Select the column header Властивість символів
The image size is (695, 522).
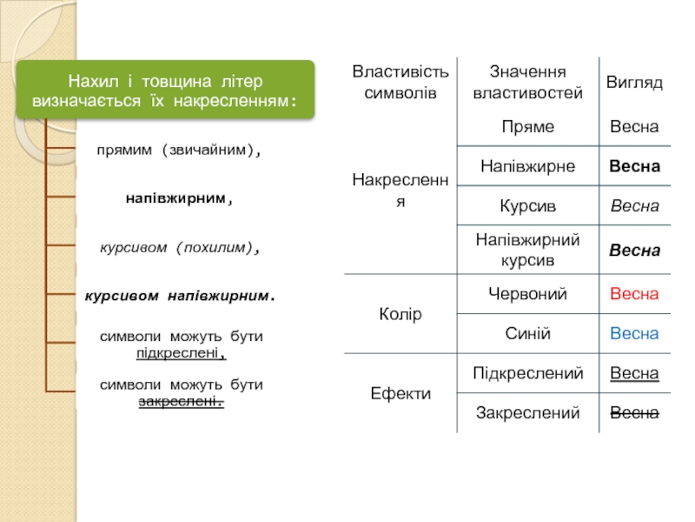(400, 82)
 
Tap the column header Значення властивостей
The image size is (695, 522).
(527, 82)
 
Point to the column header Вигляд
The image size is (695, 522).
(634, 83)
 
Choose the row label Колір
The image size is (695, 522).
(400, 314)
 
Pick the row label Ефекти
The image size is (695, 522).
(400, 394)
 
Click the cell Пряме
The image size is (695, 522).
(527, 128)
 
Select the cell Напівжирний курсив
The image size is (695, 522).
(527, 250)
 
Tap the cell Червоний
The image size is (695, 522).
(527, 295)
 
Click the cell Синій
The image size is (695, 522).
(527, 333)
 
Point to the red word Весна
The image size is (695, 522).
(634, 295)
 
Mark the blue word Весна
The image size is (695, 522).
(634, 333)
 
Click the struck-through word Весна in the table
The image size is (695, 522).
(634, 412)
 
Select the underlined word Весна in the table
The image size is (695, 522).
(634, 374)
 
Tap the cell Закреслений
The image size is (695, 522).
(527, 412)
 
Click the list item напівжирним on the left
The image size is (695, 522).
(180, 199)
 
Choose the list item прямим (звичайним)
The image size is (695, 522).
(180, 151)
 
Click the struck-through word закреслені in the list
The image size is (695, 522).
(180, 402)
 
